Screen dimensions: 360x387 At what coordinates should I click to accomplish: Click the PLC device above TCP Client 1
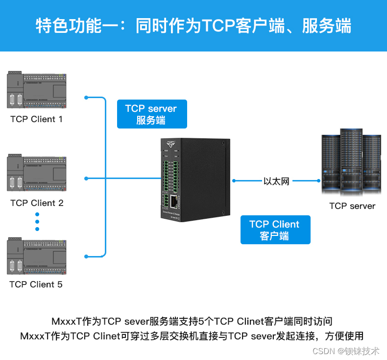37,91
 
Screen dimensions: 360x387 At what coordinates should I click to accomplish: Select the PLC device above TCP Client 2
37,174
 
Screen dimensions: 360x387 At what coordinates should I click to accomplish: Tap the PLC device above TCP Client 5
37,256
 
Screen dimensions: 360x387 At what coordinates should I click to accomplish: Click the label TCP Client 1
36,119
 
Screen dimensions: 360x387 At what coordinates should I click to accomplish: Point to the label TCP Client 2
37,203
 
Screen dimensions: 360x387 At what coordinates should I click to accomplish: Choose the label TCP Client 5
36,284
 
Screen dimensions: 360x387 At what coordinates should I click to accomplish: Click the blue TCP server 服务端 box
151,114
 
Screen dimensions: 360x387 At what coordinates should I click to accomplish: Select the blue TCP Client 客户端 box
275,230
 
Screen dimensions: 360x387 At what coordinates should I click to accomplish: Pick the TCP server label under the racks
352,206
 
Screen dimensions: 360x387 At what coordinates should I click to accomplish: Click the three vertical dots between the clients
37,222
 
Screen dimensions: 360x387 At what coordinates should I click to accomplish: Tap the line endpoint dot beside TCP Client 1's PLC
86,97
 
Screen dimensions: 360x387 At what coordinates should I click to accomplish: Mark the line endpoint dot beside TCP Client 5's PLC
86,256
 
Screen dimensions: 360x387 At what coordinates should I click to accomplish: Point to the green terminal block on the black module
166,174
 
